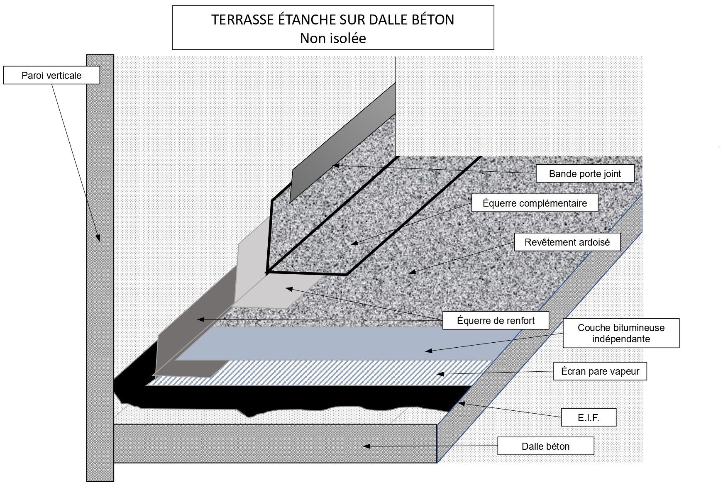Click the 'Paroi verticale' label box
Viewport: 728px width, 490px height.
[x=51, y=76]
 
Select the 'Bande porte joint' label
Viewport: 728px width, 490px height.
[x=585, y=174]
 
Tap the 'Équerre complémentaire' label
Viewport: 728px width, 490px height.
[x=535, y=203]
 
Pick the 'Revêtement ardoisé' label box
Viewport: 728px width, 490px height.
[x=567, y=242]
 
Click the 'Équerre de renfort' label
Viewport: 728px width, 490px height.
[x=496, y=321]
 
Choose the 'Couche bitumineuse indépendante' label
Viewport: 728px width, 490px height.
[x=621, y=333]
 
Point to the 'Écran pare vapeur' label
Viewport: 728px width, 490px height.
[x=600, y=371]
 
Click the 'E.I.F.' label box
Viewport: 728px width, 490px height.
[x=588, y=417]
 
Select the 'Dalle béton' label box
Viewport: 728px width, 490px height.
[x=545, y=446]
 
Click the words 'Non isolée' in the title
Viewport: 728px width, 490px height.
[x=333, y=39]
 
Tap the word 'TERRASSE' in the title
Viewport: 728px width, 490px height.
[x=236, y=20]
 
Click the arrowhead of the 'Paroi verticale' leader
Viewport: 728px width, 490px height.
[x=99, y=238]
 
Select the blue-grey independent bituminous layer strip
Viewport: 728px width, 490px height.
[x=332, y=344]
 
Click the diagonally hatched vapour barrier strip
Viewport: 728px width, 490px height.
[x=320, y=373]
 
